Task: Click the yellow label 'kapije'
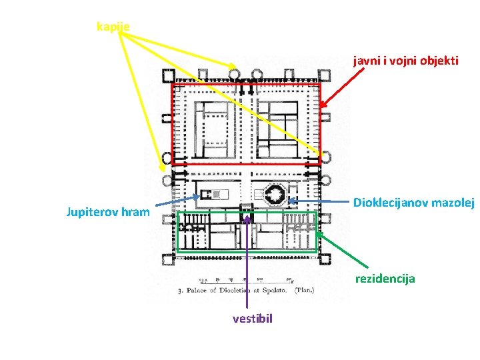point(113,27)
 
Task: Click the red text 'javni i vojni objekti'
point(406,61)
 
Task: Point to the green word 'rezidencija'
point(385,279)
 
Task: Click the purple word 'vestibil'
point(253,319)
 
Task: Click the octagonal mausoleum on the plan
point(275,194)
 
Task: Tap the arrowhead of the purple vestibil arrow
point(247,216)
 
